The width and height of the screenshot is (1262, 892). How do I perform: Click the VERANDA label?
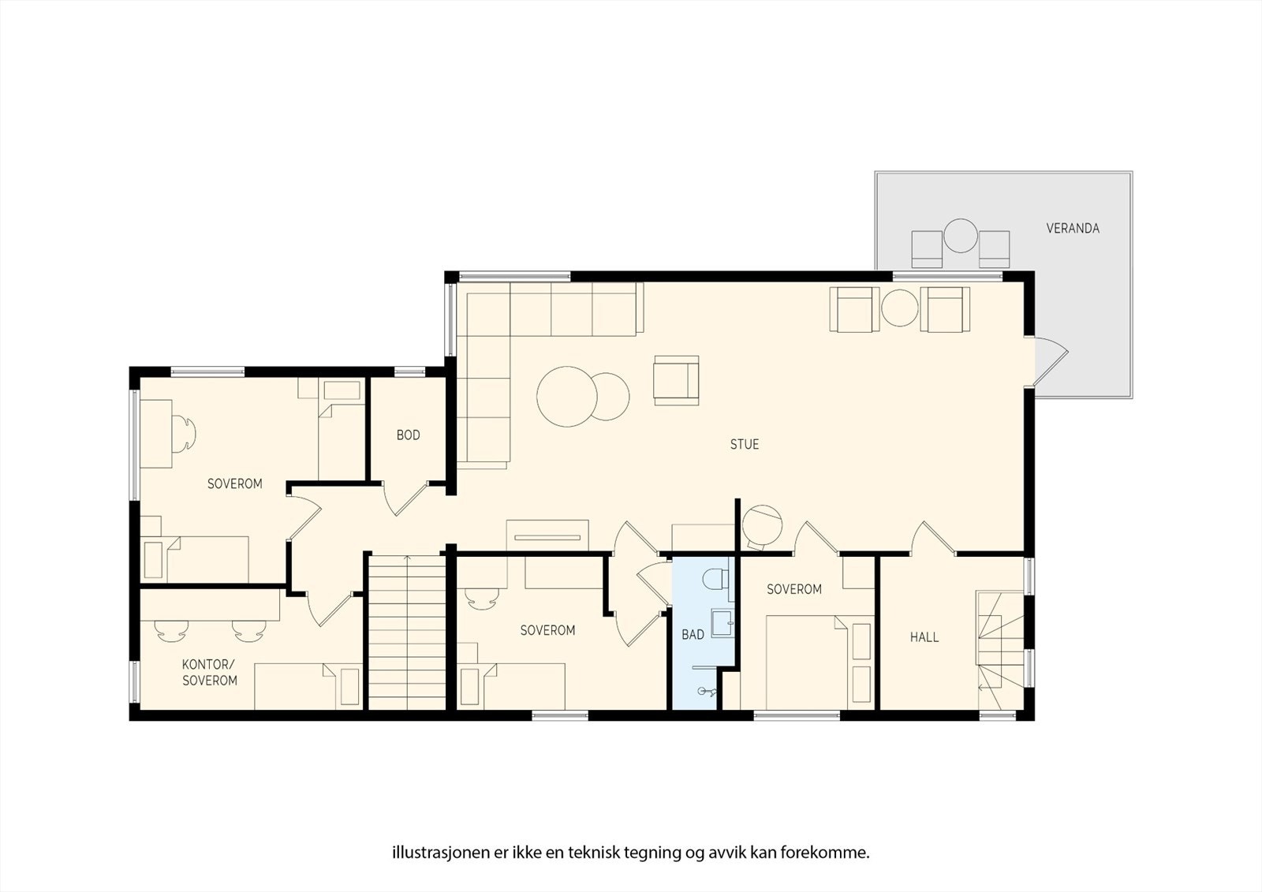tap(1072, 229)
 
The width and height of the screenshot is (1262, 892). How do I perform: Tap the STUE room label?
tap(744, 445)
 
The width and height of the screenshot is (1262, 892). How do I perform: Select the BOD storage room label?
tap(408, 435)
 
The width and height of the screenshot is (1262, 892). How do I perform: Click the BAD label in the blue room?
tap(693, 635)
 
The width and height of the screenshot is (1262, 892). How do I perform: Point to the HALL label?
tap(924, 637)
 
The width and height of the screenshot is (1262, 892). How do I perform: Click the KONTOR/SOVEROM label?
tap(209, 672)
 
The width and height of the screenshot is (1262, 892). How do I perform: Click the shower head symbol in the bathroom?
tap(708, 692)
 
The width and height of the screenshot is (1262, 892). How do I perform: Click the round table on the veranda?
tap(960, 236)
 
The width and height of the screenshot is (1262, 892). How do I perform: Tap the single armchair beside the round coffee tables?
tap(676, 380)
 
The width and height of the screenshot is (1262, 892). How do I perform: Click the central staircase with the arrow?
tap(407, 631)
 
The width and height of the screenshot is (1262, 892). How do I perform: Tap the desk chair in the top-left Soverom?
tap(186, 432)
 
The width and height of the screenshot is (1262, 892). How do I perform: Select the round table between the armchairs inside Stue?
tap(899, 308)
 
